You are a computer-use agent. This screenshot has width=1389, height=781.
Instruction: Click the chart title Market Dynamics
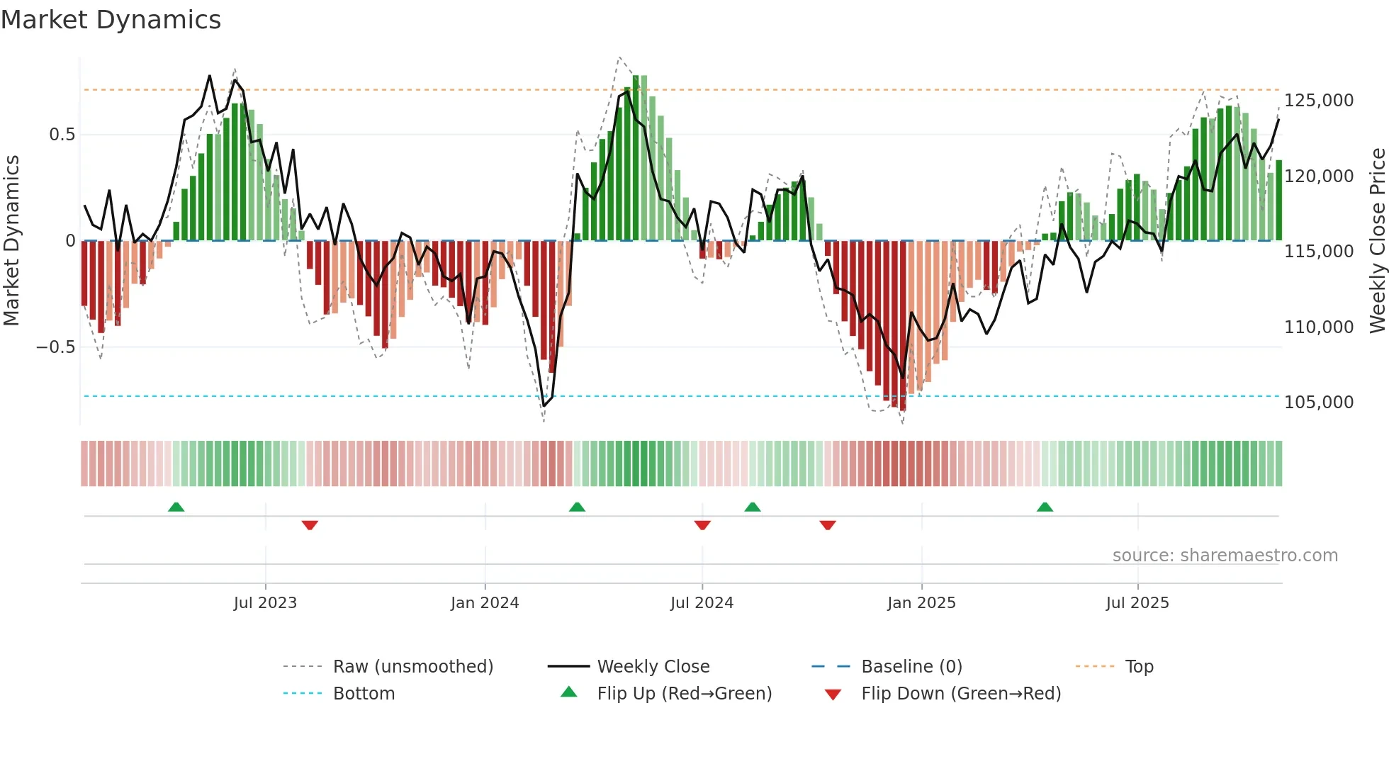click(x=111, y=20)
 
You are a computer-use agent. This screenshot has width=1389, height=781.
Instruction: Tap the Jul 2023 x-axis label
click(x=265, y=603)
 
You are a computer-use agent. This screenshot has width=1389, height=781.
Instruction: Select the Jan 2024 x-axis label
click(x=485, y=603)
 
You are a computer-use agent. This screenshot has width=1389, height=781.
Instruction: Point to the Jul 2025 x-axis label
click(x=1137, y=603)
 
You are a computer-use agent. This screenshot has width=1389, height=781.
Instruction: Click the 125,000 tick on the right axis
click(x=1318, y=101)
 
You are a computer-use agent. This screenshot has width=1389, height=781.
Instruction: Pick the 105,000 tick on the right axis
click(x=1318, y=403)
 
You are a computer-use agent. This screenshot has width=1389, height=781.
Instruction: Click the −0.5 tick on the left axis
click(x=55, y=347)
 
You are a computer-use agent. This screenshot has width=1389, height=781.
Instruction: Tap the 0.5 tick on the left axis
click(x=62, y=135)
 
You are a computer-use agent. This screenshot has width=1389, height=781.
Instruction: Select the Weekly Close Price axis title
click(x=1377, y=241)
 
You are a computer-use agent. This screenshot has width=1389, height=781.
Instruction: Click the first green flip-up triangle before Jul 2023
click(x=176, y=507)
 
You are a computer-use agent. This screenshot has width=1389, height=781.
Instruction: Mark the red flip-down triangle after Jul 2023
click(x=310, y=525)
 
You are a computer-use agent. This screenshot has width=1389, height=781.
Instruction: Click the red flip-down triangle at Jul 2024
click(x=702, y=525)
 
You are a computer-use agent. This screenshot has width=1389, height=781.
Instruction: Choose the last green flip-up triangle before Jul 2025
click(x=1045, y=507)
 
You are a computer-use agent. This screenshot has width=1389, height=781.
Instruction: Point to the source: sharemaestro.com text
click(x=1225, y=556)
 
